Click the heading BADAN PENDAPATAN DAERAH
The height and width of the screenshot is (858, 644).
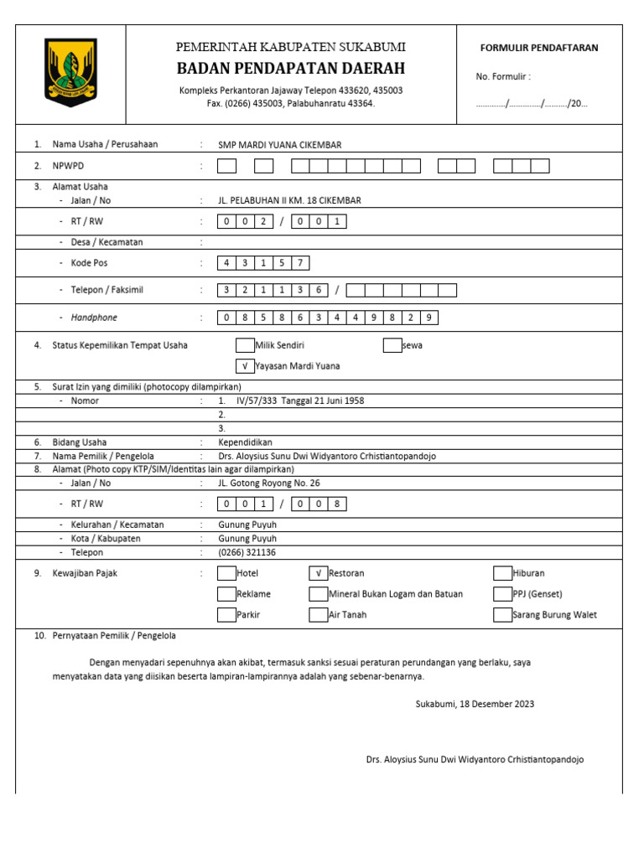pos(290,68)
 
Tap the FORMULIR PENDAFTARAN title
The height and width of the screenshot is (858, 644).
pos(538,48)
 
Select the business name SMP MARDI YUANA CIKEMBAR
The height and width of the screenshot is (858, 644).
pos(279,144)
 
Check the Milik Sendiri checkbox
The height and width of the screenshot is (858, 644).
pos(245,345)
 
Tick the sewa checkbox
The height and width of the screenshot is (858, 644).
pos(392,345)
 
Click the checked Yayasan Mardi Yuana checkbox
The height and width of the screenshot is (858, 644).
pos(245,366)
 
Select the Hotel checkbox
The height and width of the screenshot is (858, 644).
pos(226,573)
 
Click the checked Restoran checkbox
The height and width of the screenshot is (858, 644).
pos(318,573)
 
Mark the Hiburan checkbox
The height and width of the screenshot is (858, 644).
pos(501,573)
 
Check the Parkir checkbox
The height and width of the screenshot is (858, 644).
pos(226,614)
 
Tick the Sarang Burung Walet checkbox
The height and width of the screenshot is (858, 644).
pos(501,614)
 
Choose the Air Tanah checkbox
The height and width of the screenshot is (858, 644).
pos(318,614)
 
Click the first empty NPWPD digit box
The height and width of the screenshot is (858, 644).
pos(227,166)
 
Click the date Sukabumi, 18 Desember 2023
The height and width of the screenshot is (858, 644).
pos(475,704)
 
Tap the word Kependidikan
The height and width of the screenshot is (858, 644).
pos(245,442)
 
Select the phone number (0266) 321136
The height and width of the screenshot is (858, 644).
pos(247,553)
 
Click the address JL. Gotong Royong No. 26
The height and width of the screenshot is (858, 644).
pos(268,483)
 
